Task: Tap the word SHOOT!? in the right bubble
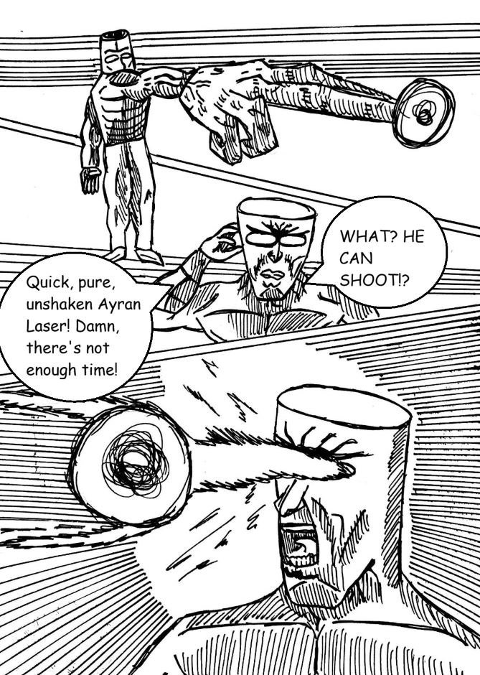pos(375,280)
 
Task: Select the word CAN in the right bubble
pos(356,259)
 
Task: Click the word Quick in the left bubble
pos(46,282)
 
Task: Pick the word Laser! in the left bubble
pos(48,326)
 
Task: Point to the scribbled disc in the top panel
pos(423,113)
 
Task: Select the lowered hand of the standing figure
pos(90,180)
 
